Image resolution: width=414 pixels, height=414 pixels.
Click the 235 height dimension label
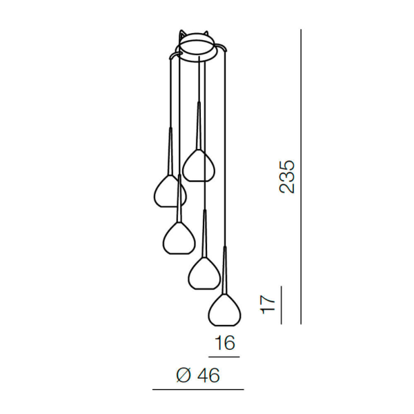[x=287, y=177]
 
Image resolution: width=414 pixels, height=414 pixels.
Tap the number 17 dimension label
[x=268, y=305]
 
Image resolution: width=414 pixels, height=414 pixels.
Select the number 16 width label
[x=225, y=343]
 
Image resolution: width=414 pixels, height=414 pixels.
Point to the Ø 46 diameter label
[x=198, y=375]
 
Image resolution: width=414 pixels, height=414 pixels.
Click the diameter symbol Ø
[x=184, y=375]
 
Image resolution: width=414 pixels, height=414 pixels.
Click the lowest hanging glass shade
[x=224, y=310]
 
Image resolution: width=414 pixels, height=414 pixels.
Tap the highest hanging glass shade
[x=199, y=166]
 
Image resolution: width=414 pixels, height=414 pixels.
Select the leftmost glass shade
[x=170, y=191]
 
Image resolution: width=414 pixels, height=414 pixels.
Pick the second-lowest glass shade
[x=204, y=273]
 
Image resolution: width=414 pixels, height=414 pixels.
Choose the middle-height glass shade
[x=179, y=238]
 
